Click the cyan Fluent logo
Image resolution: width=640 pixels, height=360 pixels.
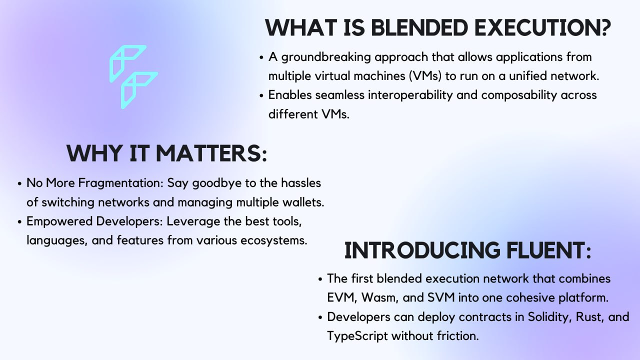(x=133, y=76)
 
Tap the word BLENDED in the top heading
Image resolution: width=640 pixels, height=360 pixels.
(x=419, y=27)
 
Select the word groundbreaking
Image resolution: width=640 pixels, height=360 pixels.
(x=326, y=57)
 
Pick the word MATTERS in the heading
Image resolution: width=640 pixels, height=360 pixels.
(x=211, y=153)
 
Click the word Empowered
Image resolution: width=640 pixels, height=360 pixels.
(x=59, y=221)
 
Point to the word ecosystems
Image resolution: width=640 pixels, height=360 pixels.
(x=273, y=240)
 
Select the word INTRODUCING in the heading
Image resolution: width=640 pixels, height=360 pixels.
(x=422, y=250)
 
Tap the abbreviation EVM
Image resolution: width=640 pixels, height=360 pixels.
(x=342, y=297)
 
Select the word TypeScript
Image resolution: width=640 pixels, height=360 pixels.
(x=357, y=336)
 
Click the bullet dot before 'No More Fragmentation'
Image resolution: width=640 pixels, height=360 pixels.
(x=19, y=183)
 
